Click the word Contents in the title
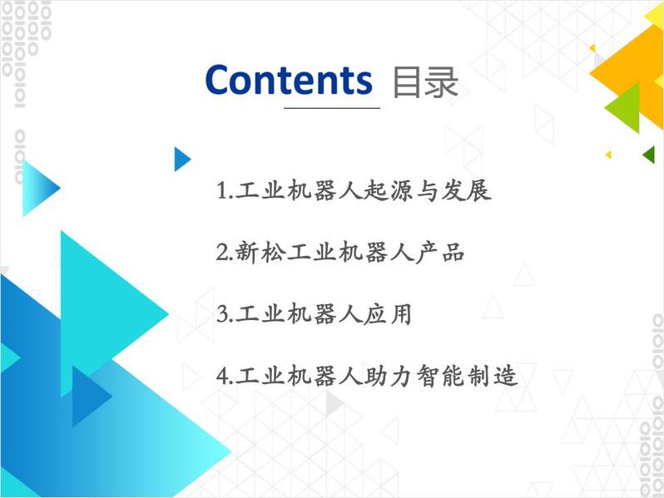(x=289, y=80)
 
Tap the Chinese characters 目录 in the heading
(x=425, y=82)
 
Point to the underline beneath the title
(x=331, y=108)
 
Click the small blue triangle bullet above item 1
(x=182, y=159)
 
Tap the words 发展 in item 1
(x=466, y=190)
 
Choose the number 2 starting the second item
(x=223, y=253)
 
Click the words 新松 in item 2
(x=260, y=253)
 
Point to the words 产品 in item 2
(x=440, y=253)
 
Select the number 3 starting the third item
(x=223, y=314)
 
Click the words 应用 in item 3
(x=388, y=314)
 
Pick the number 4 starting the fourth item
(x=223, y=376)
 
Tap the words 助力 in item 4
(x=388, y=376)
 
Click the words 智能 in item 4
(x=439, y=376)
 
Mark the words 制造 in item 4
(x=492, y=376)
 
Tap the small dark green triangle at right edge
(x=650, y=155)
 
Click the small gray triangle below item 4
(x=334, y=402)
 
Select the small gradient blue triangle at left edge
(x=38, y=188)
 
